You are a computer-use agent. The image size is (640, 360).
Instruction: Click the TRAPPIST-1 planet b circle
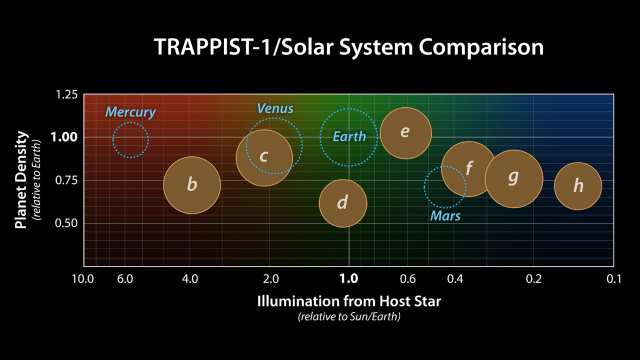(x=192, y=184)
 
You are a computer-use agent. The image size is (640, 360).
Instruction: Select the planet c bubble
(x=263, y=156)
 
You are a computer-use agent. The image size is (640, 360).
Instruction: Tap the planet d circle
(x=343, y=203)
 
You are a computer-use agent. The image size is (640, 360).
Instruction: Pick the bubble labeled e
(x=405, y=132)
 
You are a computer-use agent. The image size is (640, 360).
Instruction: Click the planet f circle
(x=469, y=168)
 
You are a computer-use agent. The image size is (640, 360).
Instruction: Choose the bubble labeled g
(x=514, y=178)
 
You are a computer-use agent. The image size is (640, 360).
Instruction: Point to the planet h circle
(x=578, y=185)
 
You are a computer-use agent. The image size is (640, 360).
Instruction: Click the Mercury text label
(x=130, y=111)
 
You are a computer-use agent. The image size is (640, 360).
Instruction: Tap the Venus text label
(x=275, y=108)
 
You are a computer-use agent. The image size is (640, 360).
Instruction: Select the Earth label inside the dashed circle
(x=347, y=137)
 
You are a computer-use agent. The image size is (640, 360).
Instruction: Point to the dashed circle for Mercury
(x=130, y=140)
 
